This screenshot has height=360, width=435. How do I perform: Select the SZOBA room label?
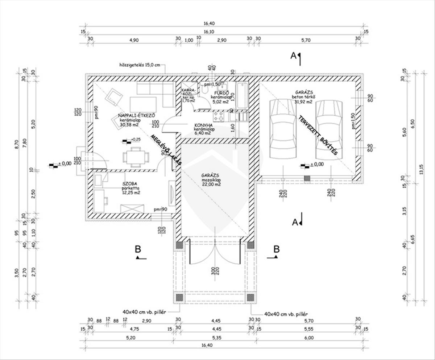click(129, 183)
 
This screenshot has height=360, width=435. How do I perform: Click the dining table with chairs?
click(136, 157)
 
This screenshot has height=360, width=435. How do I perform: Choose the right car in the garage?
click(329, 129)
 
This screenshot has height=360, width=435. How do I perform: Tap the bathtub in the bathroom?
click(242, 96)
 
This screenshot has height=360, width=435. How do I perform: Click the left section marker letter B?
click(138, 249)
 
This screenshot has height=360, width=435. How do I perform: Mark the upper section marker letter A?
click(294, 55)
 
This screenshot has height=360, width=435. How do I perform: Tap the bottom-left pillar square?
click(179, 298)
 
